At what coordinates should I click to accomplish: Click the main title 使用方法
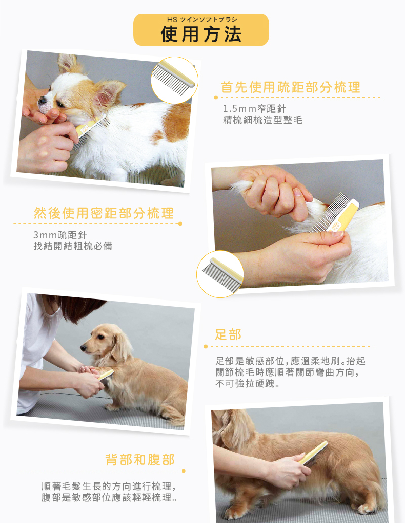coord(201,34)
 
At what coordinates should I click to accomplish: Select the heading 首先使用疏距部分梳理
coord(291,87)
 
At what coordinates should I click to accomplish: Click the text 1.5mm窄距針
coord(255,109)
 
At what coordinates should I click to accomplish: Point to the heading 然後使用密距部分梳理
coord(104,213)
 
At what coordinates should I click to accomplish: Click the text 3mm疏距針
coord(60,235)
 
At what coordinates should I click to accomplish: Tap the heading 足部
coord(228,334)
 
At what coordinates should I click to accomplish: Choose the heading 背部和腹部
coord(140,460)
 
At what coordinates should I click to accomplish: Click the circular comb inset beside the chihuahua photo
coord(174,81)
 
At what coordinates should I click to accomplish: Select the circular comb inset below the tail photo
coord(220,274)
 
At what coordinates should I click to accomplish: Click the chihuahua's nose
coord(42,100)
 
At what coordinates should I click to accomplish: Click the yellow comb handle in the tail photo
coord(346,215)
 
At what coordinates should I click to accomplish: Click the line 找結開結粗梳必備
coord(73,246)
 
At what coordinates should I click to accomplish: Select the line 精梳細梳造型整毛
coord(263,120)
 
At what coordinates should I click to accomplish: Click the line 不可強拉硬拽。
coord(248,384)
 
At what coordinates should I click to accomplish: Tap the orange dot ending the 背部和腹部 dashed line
coord(183,471)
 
